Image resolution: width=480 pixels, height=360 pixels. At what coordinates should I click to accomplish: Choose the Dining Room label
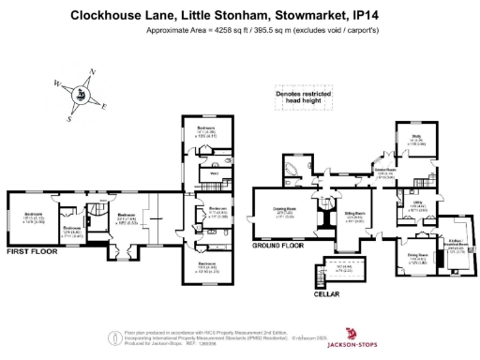(417, 255)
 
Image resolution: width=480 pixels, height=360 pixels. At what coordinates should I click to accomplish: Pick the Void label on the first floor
(214, 173)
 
